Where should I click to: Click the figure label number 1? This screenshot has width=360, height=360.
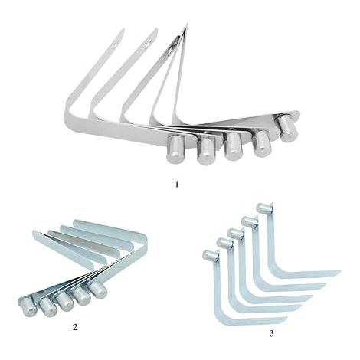click(x=177, y=184)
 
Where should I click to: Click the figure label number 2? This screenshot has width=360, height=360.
click(x=74, y=327)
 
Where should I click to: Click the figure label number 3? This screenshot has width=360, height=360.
click(x=271, y=333)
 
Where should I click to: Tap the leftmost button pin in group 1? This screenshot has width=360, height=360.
click(x=175, y=149)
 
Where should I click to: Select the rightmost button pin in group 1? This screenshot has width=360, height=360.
click(x=288, y=128)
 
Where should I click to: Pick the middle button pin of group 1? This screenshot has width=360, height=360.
click(x=233, y=146)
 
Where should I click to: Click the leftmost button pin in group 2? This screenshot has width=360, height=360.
click(x=28, y=307)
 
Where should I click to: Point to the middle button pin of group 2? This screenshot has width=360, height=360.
click(x=65, y=301)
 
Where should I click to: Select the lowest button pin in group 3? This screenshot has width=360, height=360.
click(x=211, y=255)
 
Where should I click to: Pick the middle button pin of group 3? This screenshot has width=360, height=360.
click(x=235, y=234)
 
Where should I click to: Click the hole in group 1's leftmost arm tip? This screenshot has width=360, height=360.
click(x=116, y=44)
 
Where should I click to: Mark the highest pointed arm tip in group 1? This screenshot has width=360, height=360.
click(x=188, y=25)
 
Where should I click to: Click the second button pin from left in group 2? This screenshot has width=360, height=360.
click(x=48, y=307)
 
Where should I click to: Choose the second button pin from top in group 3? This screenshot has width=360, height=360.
click(x=249, y=221)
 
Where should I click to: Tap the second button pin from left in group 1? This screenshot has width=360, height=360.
click(x=206, y=151)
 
